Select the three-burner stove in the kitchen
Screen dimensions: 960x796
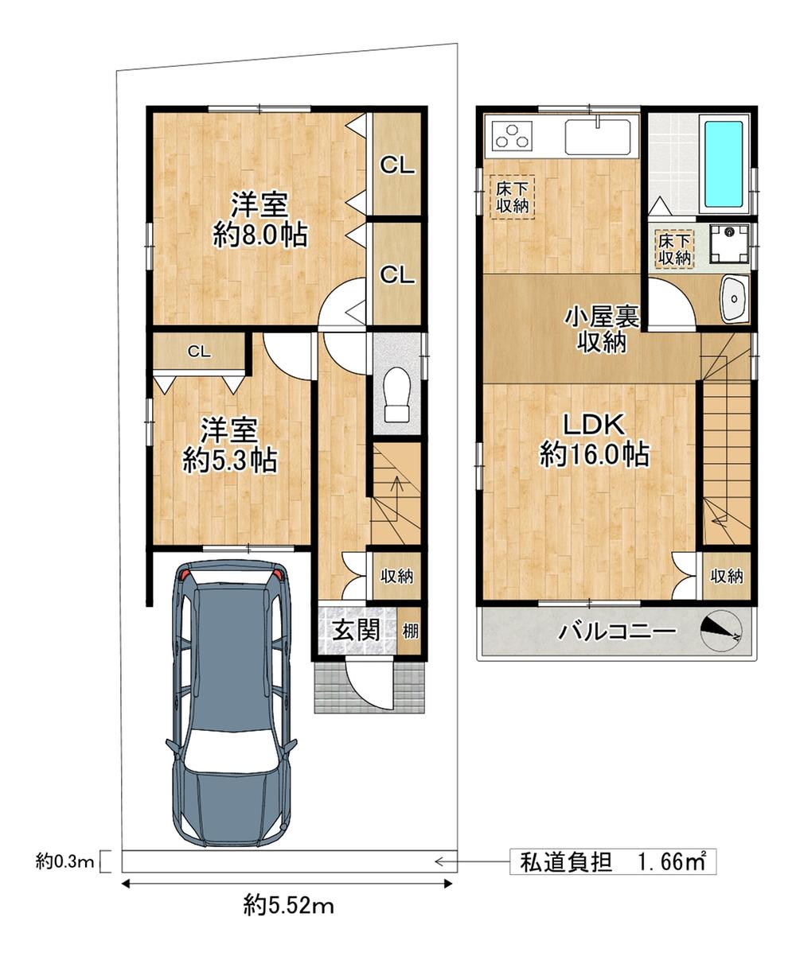click(512, 136)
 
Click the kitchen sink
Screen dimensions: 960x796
click(597, 137)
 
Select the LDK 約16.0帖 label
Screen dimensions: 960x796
click(593, 440)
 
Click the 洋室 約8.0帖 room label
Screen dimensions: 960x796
click(259, 220)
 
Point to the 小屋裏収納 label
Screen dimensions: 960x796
click(601, 328)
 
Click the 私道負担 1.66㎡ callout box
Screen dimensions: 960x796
click(612, 861)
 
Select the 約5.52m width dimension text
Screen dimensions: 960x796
click(288, 904)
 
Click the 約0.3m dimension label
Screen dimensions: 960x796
click(65, 861)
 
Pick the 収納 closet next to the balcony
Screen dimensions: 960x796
click(727, 575)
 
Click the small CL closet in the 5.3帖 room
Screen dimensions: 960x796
click(200, 352)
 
